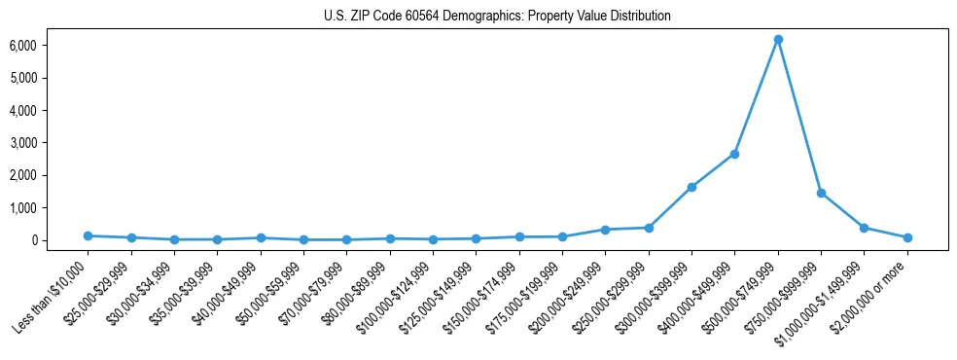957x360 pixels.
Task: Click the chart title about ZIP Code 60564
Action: [497, 17]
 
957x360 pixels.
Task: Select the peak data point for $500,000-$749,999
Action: [778, 39]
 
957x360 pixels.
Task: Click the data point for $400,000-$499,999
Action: [734, 154]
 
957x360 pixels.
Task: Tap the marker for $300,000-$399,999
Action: [691, 187]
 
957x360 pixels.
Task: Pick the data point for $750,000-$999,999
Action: [821, 193]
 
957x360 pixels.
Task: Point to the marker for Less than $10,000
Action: [88, 235]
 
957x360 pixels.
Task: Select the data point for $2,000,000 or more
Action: [907, 237]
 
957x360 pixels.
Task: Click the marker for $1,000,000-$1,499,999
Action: [864, 228]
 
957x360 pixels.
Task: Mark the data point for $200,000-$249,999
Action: [605, 230]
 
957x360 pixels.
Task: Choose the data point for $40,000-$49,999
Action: [261, 237]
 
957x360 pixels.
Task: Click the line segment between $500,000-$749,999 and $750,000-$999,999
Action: [799, 116]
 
